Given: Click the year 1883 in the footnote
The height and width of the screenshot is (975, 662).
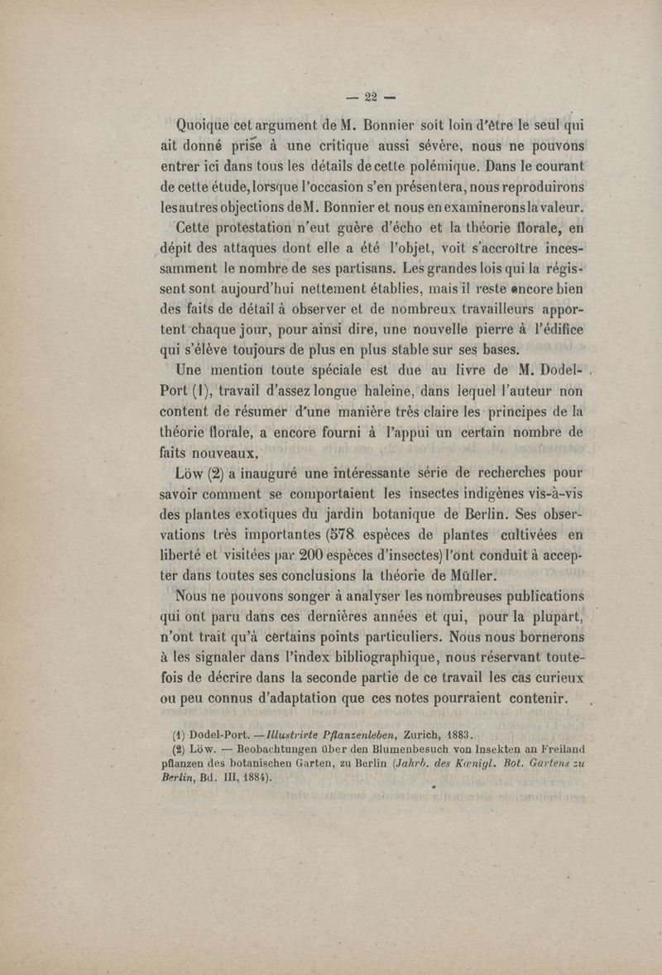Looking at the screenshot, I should (x=452, y=734).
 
